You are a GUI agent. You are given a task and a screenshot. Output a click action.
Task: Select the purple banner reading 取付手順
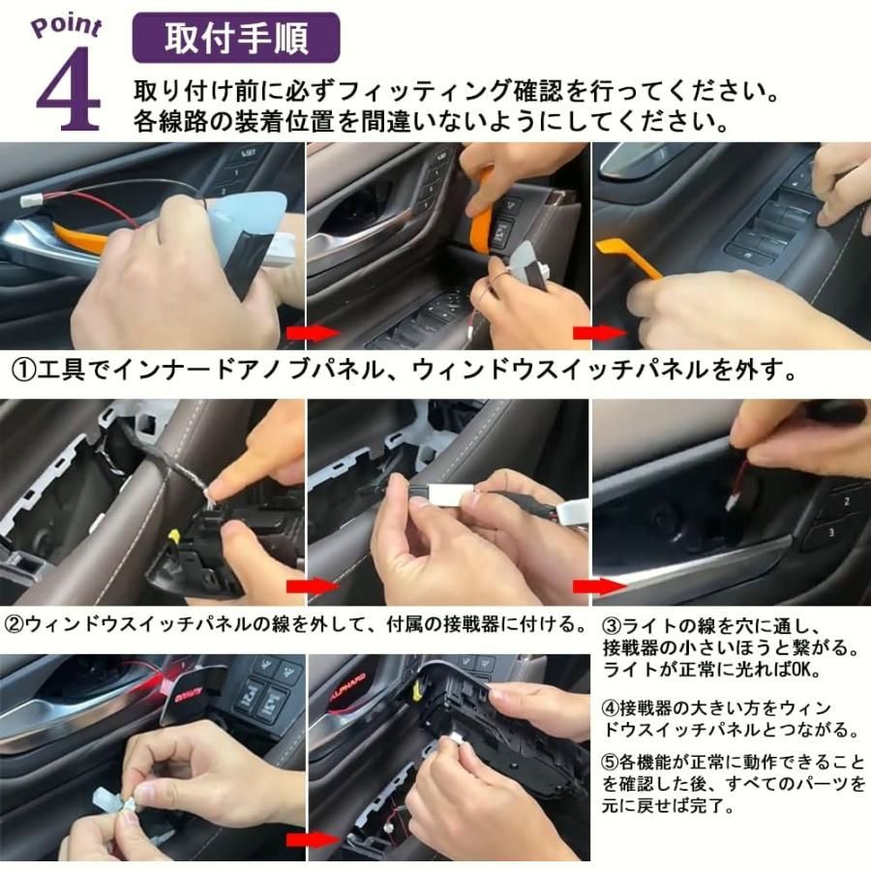click(235, 38)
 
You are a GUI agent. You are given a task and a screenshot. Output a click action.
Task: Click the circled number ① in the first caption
click(23, 372)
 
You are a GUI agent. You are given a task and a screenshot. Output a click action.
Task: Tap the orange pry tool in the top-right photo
click(628, 257)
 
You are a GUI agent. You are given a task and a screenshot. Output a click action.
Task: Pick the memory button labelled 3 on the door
click(830, 532)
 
